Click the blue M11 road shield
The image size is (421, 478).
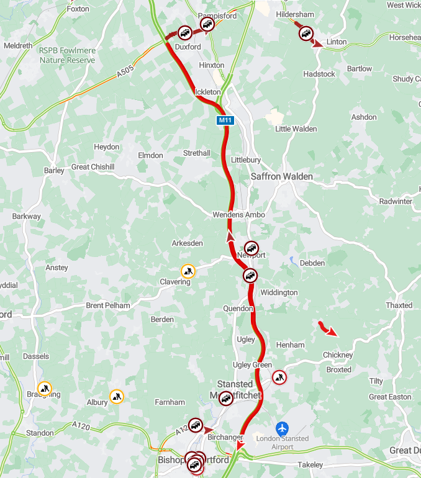coord(225,120)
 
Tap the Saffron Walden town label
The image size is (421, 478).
coord(282,176)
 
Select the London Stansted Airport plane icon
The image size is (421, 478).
coord(283,428)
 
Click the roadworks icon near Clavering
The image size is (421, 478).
coord(188,271)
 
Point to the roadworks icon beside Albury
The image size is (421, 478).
coord(117,396)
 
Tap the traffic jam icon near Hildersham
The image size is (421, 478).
coord(306,33)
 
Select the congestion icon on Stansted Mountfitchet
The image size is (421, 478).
coord(226,399)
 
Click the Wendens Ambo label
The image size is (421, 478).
coord(238,215)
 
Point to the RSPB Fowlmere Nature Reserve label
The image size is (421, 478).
coord(67,55)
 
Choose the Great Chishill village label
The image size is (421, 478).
coord(93,167)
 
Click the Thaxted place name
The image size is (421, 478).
coord(399,305)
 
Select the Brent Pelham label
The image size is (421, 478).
coord(108,305)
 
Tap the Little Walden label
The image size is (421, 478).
coord(296,129)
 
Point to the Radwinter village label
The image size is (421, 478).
coord(396,201)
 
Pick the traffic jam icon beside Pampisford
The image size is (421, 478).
coord(207,24)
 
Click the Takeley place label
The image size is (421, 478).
coord(310,465)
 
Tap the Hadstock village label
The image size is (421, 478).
coord(319,74)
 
